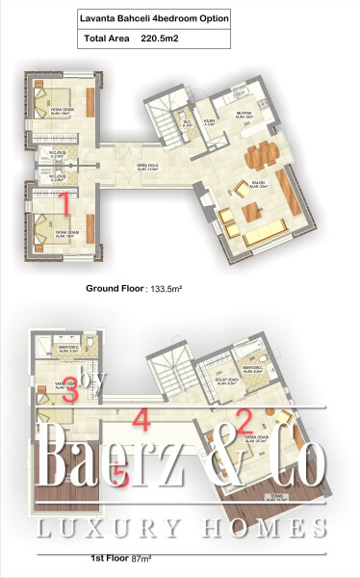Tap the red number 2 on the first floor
[244, 419]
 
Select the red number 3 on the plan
[70, 394]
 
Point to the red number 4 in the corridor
[141, 420]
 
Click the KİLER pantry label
[209, 121]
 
